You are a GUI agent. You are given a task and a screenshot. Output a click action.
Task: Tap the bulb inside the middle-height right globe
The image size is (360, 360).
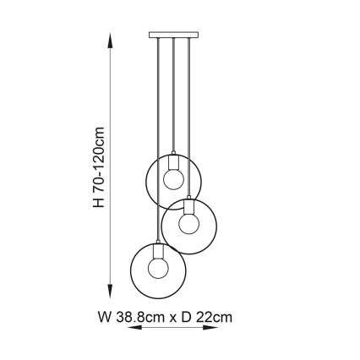tap(188, 222)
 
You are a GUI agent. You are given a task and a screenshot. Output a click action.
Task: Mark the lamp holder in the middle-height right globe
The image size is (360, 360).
tap(188, 205)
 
